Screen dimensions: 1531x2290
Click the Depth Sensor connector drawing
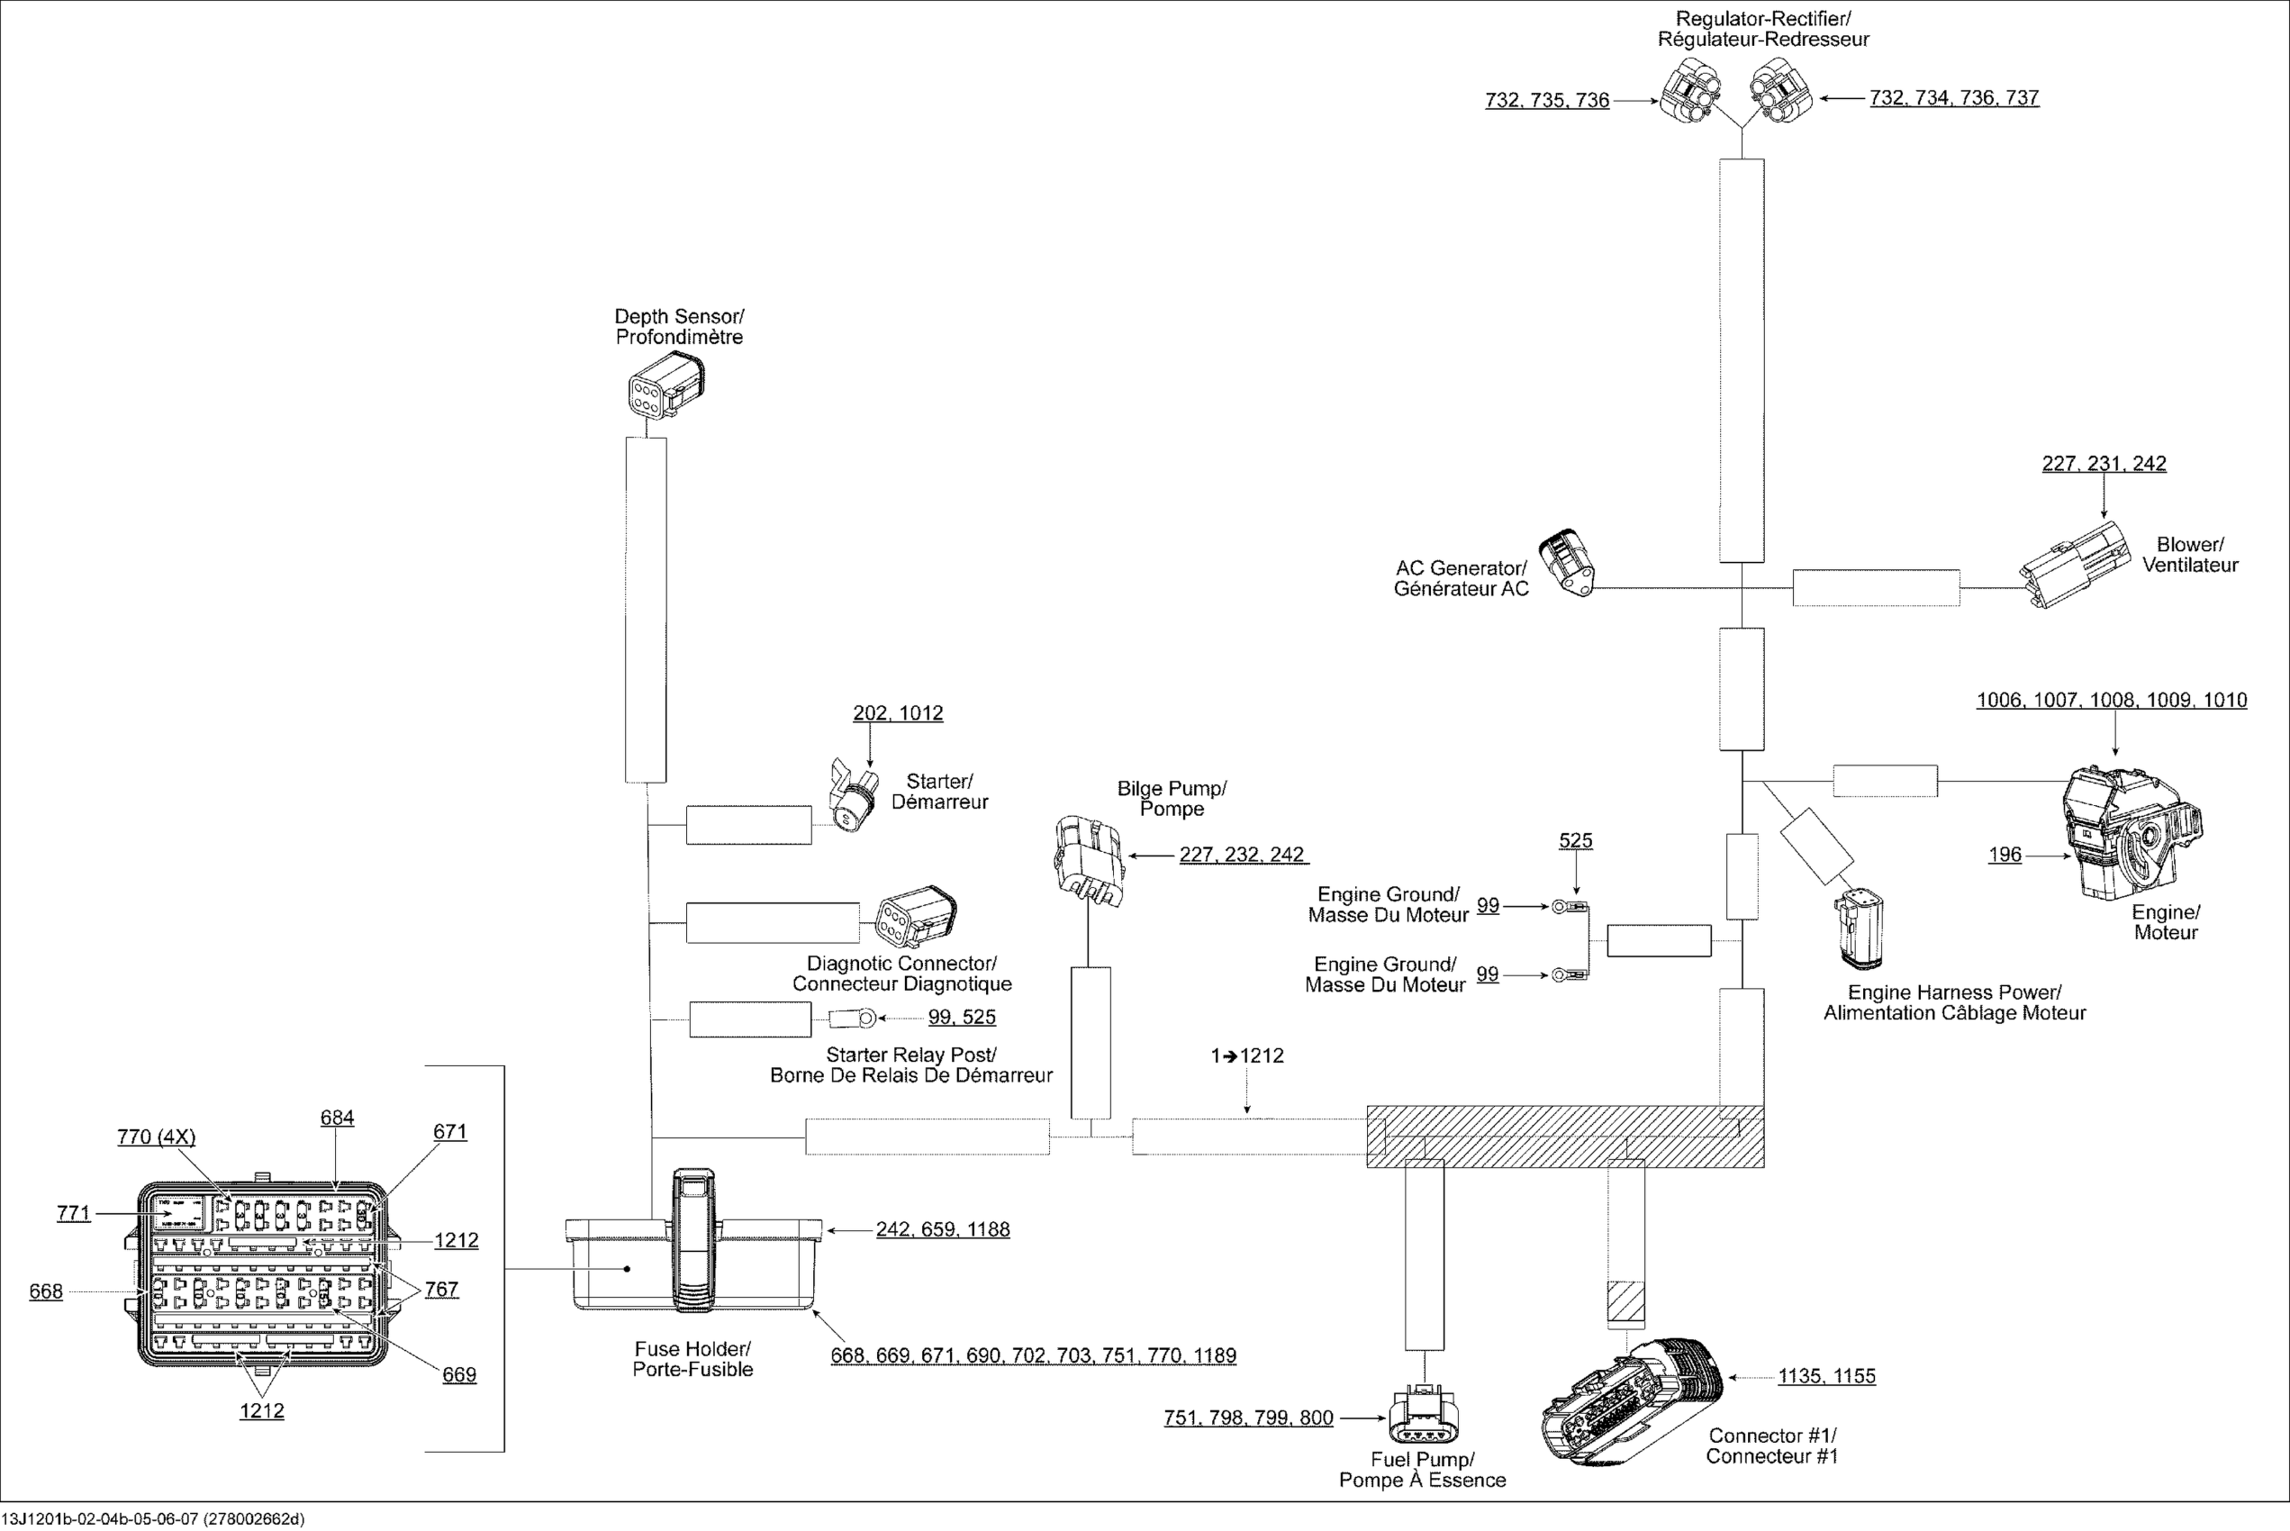(x=665, y=385)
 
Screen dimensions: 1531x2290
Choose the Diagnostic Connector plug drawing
(x=915, y=917)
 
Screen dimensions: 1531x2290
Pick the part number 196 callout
(x=2005, y=855)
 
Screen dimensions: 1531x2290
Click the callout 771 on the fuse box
(x=73, y=1213)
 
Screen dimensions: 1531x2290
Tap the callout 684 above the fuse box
(x=337, y=1118)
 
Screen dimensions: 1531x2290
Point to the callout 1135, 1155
(x=1826, y=1376)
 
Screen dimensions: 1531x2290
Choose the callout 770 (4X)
(x=156, y=1137)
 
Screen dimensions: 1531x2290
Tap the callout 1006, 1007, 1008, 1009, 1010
(x=2112, y=700)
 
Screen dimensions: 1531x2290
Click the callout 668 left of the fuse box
(x=46, y=1291)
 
